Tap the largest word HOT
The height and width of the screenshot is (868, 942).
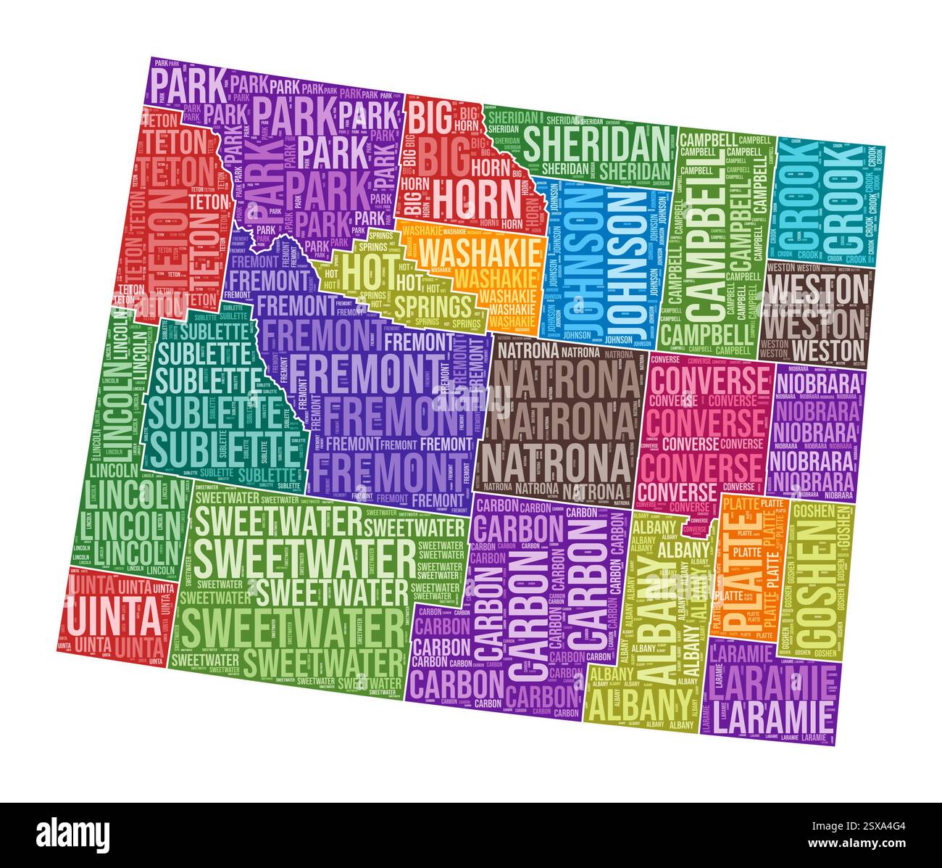[361, 268]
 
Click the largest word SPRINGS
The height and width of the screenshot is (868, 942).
[433, 305]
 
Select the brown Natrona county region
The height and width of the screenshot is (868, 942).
[558, 421]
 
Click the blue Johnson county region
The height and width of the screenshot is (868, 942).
[601, 261]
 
